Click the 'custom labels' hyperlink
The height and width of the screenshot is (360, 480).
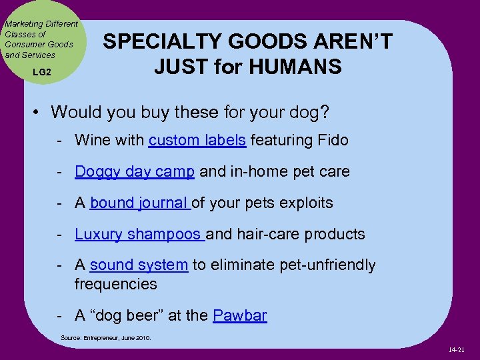[197, 140]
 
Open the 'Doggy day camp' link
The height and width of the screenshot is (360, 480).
[135, 171]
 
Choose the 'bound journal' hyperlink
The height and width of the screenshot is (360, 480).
[139, 203]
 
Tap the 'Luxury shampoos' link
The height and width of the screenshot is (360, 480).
[139, 234]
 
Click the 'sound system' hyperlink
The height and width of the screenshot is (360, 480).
[139, 265]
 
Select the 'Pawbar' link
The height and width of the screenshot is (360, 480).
[239, 315]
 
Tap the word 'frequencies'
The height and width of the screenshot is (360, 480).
[116, 284]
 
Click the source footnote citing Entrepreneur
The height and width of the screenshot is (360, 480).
[106, 338]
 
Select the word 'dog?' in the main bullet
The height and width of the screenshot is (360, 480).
[307, 112]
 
